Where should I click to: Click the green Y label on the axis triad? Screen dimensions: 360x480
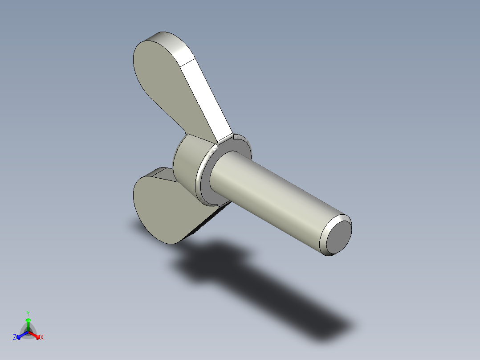(28, 313)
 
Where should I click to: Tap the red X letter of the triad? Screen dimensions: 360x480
(42, 338)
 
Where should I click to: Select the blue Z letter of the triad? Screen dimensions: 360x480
(14, 338)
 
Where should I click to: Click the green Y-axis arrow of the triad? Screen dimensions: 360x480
(28, 323)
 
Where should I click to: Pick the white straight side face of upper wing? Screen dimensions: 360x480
(207, 98)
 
